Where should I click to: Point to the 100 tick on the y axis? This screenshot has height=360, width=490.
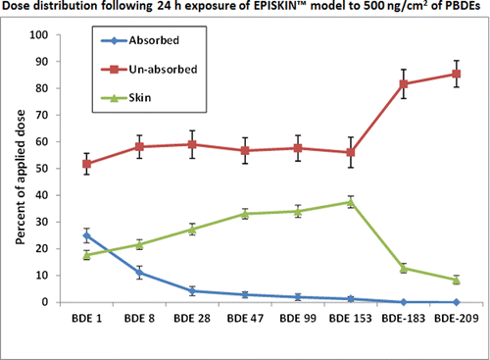40,35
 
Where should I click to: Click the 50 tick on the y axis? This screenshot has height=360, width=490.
43,169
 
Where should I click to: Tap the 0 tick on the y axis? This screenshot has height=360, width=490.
46,302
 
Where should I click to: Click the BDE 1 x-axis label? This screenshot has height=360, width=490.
87,320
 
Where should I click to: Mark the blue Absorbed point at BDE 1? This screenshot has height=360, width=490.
87,235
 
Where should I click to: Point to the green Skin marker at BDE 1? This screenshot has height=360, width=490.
87,255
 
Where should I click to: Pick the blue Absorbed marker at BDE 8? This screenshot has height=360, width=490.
140,273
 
